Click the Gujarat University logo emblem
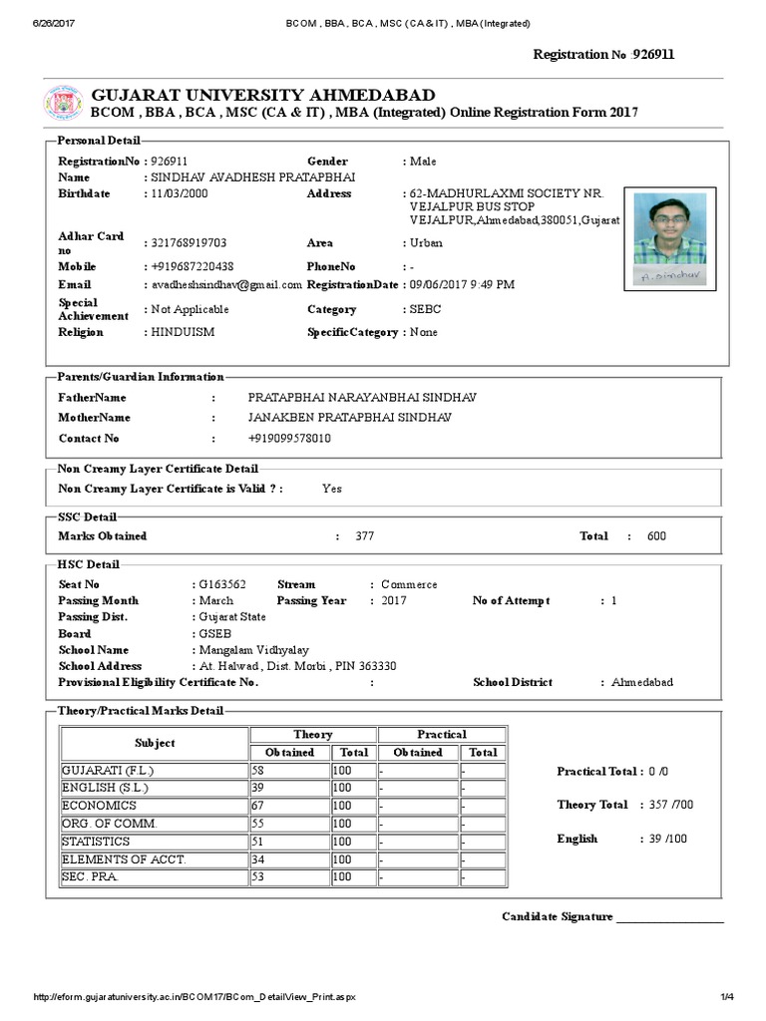[62, 104]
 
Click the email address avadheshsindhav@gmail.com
[222, 284]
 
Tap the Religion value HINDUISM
[183, 332]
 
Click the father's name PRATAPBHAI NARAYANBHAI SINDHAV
[362, 397]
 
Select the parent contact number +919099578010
[289, 438]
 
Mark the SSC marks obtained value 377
[365, 536]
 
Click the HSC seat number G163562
[221, 584]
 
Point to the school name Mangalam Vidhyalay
[249, 649]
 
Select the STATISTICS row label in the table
[96, 842]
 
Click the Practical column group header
[441, 735]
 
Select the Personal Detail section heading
[99, 141]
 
